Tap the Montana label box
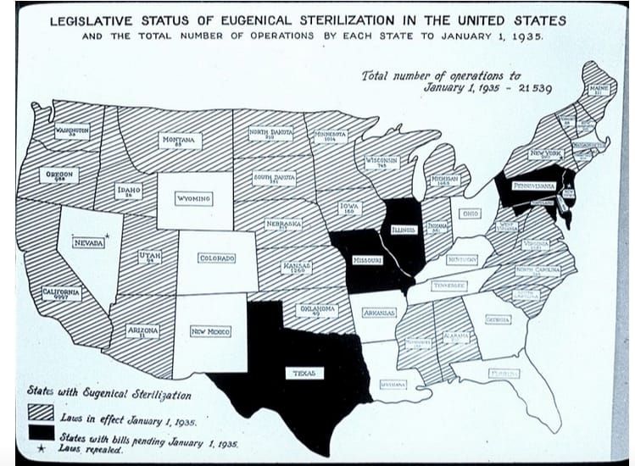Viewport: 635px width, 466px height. pyautogui.click(x=180, y=140)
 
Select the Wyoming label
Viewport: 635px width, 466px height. pyautogui.click(x=193, y=198)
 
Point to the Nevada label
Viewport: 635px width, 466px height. pyautogui.click(x=88, y=243)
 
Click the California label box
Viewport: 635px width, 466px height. pyautogui.click(x=62, y=294)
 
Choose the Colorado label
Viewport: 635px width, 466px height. pyautogui.click(x=216, y=258)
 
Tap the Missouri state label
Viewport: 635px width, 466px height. pyautogui.click(x=368, y=258)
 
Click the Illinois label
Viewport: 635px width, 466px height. pyautogui.click(x=402, y=230)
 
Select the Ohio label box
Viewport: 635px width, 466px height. pyautogui.click(x=471, y=214)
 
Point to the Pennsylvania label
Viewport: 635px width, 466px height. pyautogui.click(x=534, y=185)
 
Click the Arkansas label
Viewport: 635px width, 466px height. pyautogui.click(x=379, y=313)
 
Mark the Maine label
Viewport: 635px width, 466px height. pyautogui.click(x=598, y=91)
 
